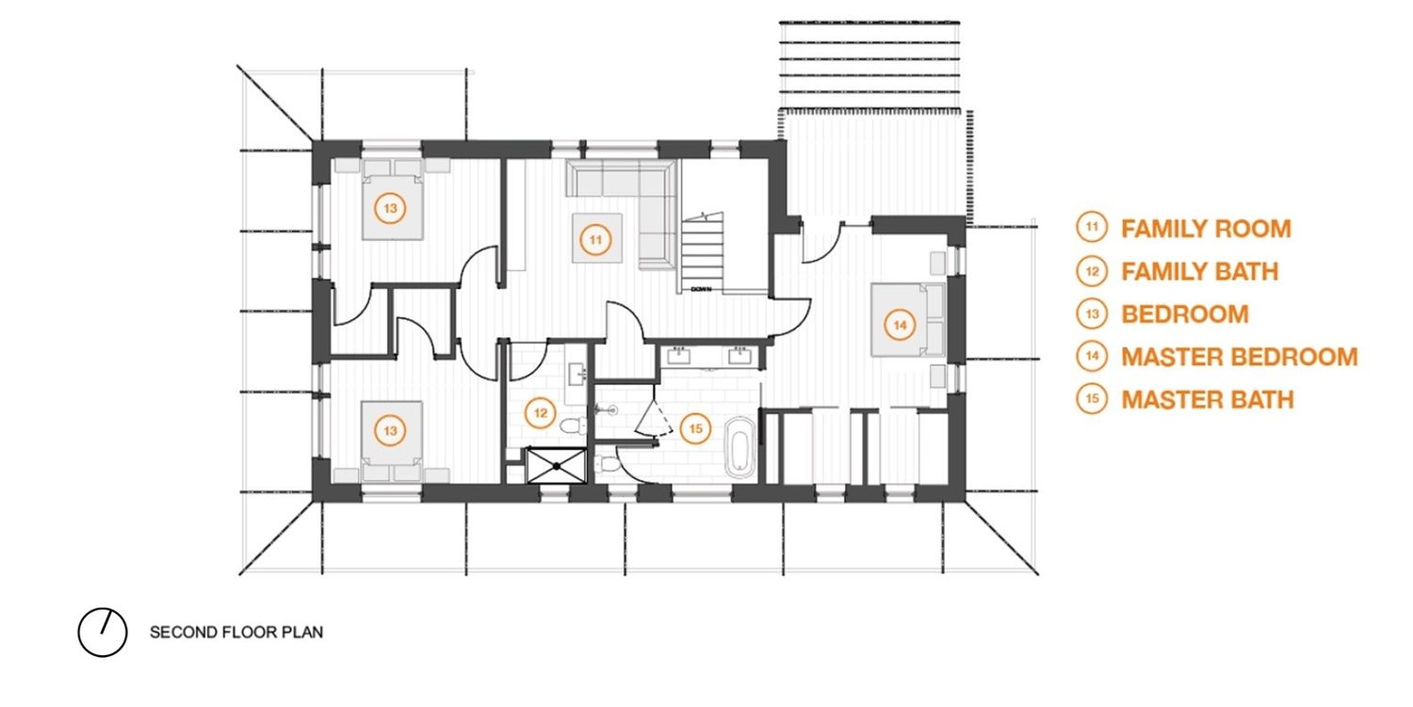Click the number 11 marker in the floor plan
click(x=595, y=240)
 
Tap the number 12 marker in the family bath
click(x=540, y=413)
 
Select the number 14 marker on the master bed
click(x=900, y=325)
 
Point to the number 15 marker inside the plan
click(x=695, y=429)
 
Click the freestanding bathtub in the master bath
click(x=739, y=446)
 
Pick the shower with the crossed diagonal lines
click(x=557, y=465)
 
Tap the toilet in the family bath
click(x=574, y=426)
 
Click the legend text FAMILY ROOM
click(x=1206, y=229)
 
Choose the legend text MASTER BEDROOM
click(x=1239, y=357)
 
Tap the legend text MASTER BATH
click(x=1208, y=400)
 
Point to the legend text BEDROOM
click(x=1185, y=314)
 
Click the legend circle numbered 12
click(x=1092, y=271)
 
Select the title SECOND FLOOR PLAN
click(x=235, y=632)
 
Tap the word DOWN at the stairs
click(x=701, y=290)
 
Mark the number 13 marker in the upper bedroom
click(x=390, y=208)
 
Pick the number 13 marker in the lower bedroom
click(x=390, y=431)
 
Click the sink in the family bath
click(x=577, y=375)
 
